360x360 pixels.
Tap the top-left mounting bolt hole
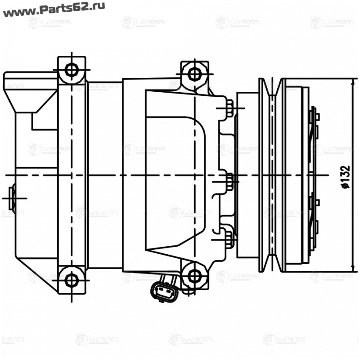pyautogui.click(x=71, y=70)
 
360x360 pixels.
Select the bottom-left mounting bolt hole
pyautogui.click(x=71, y=279)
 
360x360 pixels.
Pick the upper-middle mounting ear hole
pyautogui.click(x=194, y=73)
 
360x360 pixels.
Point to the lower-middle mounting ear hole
pyautogui.click(x=194, y=276)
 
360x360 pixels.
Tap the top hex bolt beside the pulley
pyautogui.click(x=229, y=108)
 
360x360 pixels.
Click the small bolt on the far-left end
pyautogui.click(x=13, y=198)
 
